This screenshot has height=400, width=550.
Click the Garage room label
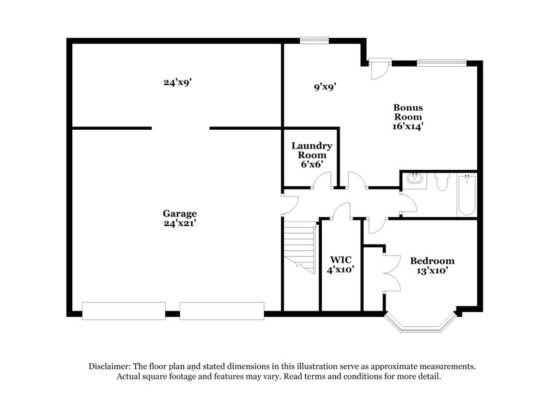click(x=179, y=213)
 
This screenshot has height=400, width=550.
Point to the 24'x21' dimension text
click(x=179, y=223)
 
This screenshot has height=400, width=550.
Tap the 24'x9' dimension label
click(x=177, y=82)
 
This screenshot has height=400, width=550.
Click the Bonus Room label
click(x=408, y=112)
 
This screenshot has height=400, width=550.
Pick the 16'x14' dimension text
click(x=408, y=126)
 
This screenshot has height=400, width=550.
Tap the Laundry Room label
click(x=311, y=151)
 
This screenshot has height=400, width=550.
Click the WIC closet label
click(x=341, y=259)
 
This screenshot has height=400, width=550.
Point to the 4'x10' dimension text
click(x=341, y=270)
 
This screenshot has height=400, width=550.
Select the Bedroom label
click(x=432, y=260)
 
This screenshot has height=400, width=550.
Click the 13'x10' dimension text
click(x=432, y=271)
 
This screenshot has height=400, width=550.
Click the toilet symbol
click(x=441, y=183)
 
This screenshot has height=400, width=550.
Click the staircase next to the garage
click(x=299, y=245)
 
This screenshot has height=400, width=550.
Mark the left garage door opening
click(x=123, y=310)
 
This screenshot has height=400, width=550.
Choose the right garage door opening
click(x=221, y=310)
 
